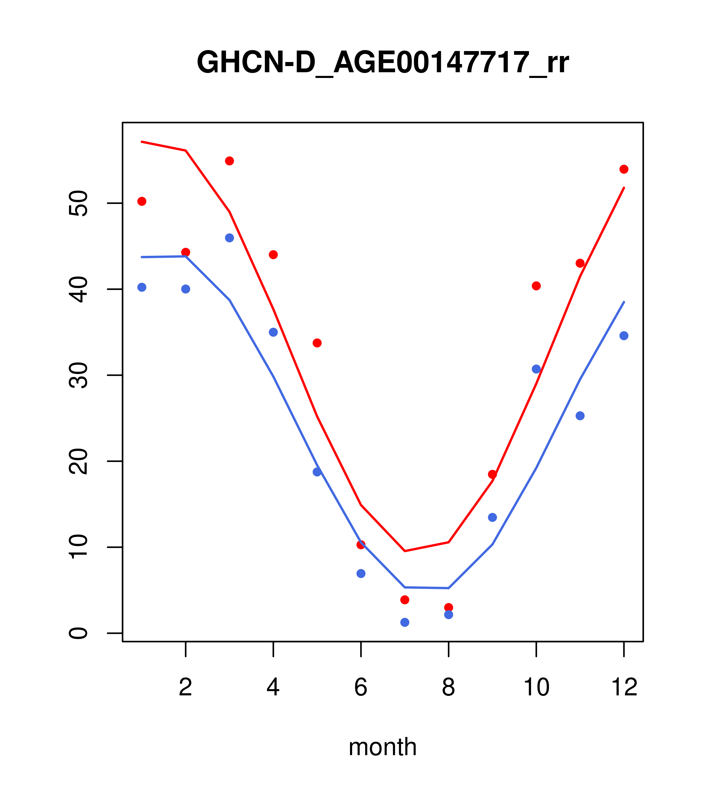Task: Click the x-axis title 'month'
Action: click(383, 747)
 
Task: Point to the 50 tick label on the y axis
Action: click(78, 203)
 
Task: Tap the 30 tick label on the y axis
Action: click(78, 375)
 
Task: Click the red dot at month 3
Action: click(230, 161)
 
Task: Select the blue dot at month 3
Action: click(230, 238)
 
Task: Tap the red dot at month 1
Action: click(142, 201)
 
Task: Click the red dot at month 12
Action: click(624, 169)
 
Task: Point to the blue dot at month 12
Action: click(624, 336)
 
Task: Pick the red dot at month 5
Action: click(317, 343)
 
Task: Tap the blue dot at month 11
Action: click(580, 416)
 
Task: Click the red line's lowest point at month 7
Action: click(405, 551)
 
